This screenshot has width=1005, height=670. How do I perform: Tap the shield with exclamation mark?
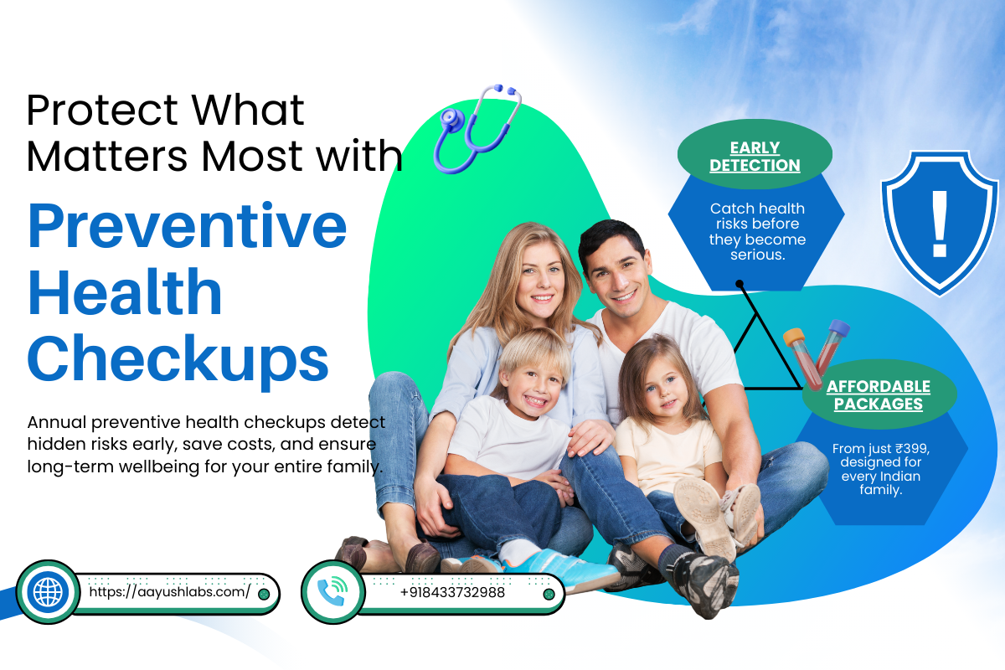tap(940, 221)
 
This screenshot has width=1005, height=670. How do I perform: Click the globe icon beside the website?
tap(47, 592)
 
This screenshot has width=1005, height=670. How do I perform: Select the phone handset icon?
tap(332, 592)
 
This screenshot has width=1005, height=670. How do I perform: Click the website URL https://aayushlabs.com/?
tap(169, 592)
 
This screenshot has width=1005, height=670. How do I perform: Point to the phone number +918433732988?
tap(452, 592)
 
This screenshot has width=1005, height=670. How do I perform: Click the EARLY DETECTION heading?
tap(755, 157)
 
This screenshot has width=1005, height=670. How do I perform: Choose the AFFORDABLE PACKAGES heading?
tap(878, 395)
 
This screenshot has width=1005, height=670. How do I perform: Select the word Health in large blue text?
tap(125, 293)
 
